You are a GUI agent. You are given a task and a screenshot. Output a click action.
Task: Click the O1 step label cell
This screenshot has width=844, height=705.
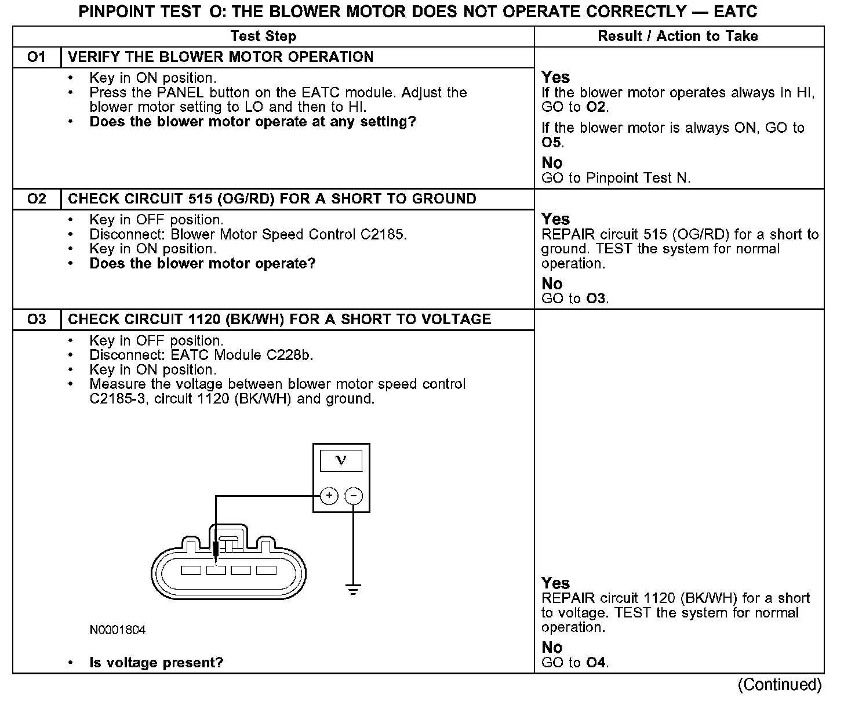tap(37, 57)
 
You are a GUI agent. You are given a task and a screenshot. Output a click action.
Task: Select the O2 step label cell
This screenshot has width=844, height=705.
tap(37, 199)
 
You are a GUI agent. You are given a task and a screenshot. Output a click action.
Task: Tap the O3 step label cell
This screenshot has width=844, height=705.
tap(37, 319)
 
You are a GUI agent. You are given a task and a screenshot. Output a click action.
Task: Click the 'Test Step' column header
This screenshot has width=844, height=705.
tap(263, 36)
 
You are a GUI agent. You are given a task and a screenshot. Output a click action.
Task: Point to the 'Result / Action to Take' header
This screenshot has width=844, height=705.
tap(678, 36)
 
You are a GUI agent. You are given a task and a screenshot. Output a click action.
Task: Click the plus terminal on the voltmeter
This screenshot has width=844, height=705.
tap(329, 496)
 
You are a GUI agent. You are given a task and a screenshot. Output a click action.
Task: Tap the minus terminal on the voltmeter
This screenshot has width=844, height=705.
tap(354, 496)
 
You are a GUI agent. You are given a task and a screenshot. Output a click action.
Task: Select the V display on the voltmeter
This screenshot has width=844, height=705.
tap(341, 461)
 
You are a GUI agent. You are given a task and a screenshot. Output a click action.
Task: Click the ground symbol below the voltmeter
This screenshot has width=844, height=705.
tap(353, 590)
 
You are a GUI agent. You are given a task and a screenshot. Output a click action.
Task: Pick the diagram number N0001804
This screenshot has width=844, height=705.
tap(118, 630)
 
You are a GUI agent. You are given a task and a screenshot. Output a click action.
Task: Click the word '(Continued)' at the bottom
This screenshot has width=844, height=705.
tap(780, 685)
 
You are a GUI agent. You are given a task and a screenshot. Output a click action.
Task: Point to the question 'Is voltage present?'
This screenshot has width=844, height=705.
tap(157, 663)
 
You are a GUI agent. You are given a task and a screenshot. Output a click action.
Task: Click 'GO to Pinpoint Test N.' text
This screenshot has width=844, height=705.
tap(616, 178)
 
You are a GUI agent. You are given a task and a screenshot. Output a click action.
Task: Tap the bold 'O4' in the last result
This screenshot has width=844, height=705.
tap(596, 662)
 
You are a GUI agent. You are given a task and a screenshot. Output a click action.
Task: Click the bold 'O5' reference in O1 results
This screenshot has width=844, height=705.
tap(552, 143)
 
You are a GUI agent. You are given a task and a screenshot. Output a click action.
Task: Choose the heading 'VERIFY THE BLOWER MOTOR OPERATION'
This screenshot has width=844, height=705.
tap(221, 57)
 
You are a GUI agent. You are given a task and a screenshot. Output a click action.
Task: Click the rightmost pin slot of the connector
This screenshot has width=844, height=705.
tap(266, 570)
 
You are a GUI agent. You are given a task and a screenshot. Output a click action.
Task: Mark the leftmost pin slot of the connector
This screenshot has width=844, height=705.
tap(191, 570)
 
